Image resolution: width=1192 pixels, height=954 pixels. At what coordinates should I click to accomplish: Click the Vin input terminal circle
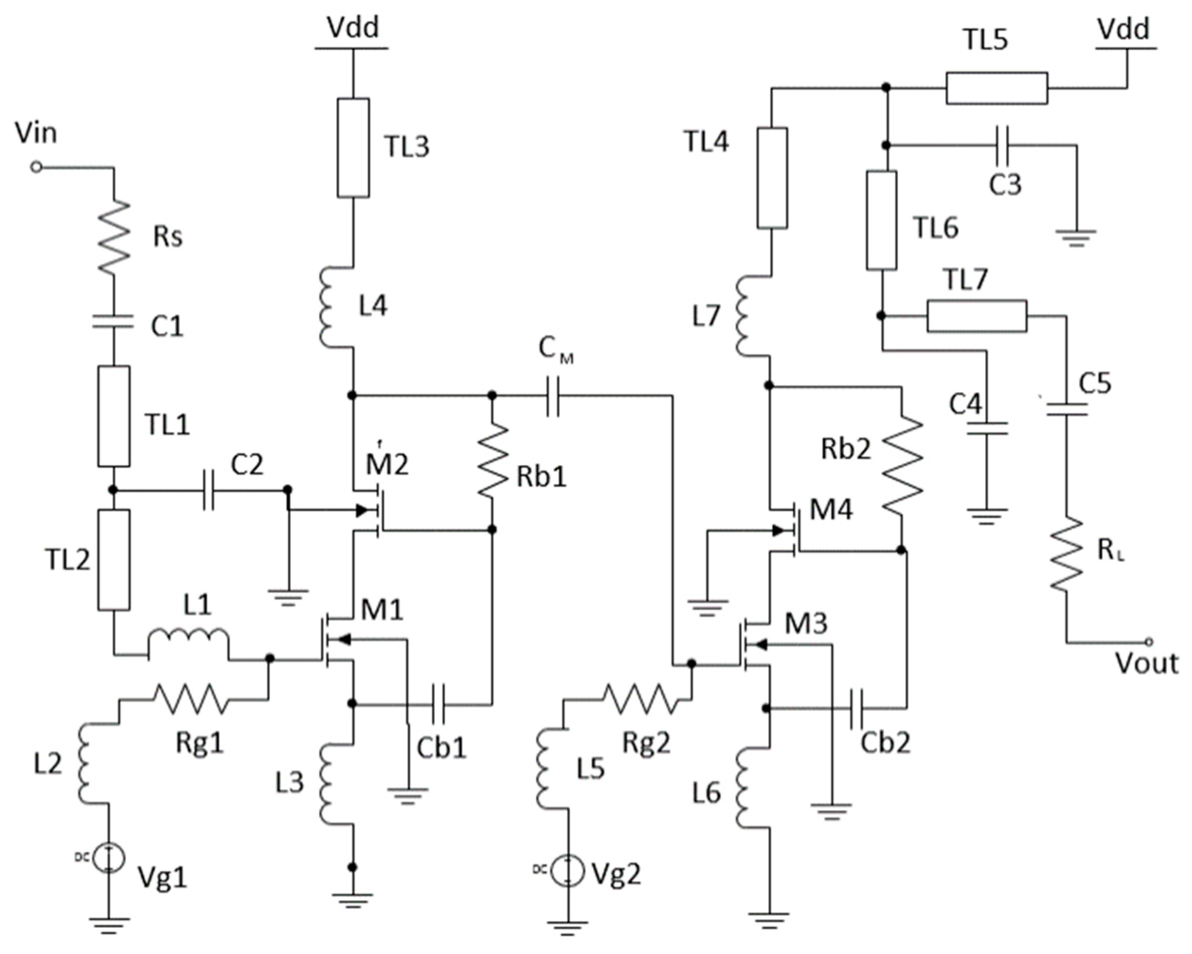(36, 166)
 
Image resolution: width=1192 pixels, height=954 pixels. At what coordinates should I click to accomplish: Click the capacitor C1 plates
(113, 321)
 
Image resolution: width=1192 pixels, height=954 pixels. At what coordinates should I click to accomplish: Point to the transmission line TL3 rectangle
(353, 148)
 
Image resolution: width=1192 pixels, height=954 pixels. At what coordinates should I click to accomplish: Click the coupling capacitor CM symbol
(552, 396)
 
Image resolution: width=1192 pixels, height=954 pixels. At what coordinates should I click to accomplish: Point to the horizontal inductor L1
(188, 641)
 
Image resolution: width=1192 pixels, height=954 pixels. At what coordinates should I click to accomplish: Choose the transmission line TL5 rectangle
(996, 88)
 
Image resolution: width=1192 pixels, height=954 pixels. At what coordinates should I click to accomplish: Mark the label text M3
(807, 624)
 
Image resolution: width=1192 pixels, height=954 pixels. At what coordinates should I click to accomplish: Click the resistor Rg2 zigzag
(640, 699)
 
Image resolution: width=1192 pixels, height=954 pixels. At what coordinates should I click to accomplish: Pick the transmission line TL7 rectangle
(977, 316)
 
